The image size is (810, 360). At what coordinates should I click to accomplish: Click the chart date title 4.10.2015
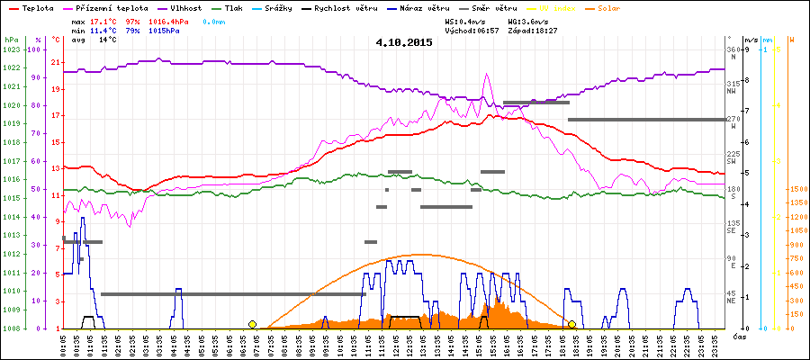click(x=404, y=42)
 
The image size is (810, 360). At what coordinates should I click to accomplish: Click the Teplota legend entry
click(x=37, y=7)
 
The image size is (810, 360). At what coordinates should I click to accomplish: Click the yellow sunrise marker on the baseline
click(x=252, y=324)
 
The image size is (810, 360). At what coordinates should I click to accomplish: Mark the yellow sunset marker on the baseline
click(x=571, y=324)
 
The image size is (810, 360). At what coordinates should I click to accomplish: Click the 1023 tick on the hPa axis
click(x=11, y=49)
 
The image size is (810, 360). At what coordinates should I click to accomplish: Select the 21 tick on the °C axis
click(x=56, y=62)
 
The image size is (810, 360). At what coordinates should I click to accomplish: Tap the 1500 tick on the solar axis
click(x=796, y=189)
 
